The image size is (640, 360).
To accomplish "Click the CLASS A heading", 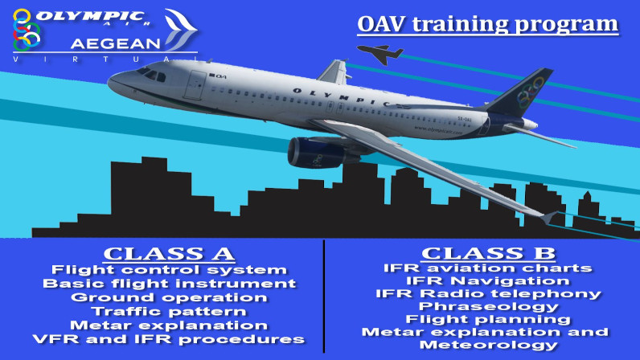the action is pos(169,254).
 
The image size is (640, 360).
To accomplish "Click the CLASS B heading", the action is pos(489,253).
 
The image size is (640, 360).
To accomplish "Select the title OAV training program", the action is pos(488,24).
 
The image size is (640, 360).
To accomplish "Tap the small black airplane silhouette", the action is pos(380,54).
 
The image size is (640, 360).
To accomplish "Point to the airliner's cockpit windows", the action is pos(151,74).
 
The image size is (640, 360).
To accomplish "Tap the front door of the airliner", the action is pos(195,85).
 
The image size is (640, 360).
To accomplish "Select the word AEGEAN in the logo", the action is pos(116,43).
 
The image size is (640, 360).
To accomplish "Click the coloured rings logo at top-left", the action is pos(26,30).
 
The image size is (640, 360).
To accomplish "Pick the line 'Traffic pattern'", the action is pos(169,312).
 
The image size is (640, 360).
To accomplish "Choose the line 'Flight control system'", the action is pos(169,270).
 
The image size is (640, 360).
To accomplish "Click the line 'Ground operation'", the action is pos(169,297).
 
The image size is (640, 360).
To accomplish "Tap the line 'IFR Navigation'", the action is pos(488,280).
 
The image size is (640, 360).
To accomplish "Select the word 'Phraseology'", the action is pos(489,306).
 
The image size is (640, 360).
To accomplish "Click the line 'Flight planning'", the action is pos(488,319).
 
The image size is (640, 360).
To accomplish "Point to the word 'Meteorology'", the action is pos(489,345).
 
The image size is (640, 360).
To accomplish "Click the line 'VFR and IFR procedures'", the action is pos(169,340).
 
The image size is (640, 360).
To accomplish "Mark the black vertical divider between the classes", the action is pos(324,297).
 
